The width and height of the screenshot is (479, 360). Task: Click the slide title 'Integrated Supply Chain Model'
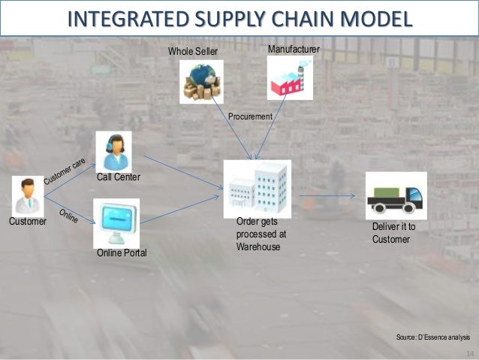coord(239,17)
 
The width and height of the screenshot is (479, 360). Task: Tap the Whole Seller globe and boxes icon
coord(200,80)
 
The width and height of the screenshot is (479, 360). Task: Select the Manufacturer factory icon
coord(290,78)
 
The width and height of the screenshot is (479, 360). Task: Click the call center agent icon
coord(113,150)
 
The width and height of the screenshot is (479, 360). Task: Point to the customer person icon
coord(28,196)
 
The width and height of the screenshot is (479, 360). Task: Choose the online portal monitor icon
coord(113,222)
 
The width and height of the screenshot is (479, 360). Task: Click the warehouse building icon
coord(257,188)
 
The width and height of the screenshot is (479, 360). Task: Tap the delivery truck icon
coord(395,197)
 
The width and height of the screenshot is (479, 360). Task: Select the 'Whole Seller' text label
coord(191,51)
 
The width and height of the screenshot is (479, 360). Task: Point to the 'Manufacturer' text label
coord(294,49)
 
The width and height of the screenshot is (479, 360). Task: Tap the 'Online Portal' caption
coord(122,255)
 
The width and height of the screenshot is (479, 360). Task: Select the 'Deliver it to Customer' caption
coord(393,232)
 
